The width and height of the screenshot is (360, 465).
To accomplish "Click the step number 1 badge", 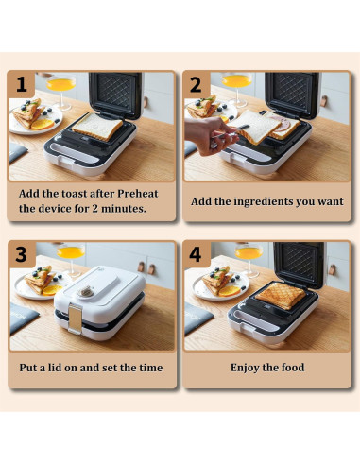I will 20,83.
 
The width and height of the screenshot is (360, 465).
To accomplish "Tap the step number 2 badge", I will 196,83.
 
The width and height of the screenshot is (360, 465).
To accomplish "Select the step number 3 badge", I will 20,253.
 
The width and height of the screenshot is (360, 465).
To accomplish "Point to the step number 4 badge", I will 196,253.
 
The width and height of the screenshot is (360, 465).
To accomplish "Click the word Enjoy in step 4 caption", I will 249,368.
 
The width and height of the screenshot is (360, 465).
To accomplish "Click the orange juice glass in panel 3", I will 69,254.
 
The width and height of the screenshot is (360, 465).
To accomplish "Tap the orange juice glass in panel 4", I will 248,254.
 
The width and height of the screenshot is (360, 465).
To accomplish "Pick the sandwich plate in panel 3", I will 35,284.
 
